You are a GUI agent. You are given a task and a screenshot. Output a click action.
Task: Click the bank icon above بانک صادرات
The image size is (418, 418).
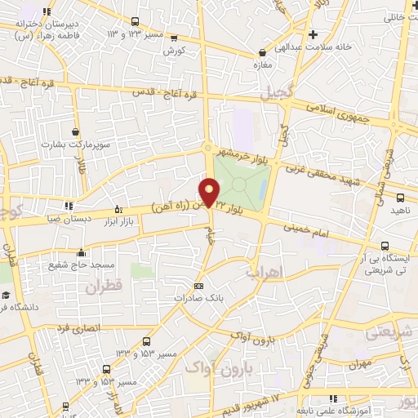click(x=198, y=286)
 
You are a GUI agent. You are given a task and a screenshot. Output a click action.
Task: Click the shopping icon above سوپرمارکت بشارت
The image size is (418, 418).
click(x=76, y=131)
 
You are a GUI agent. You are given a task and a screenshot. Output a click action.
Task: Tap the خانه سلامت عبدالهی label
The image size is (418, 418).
click(x=336, y=47)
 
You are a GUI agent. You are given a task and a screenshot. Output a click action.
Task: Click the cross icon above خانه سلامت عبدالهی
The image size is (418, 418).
click(x=313, y=34)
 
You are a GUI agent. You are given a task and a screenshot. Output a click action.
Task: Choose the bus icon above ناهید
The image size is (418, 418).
click(x=400, y=197)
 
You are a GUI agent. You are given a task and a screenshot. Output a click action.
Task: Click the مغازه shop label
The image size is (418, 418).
click(x=262, y=64)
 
